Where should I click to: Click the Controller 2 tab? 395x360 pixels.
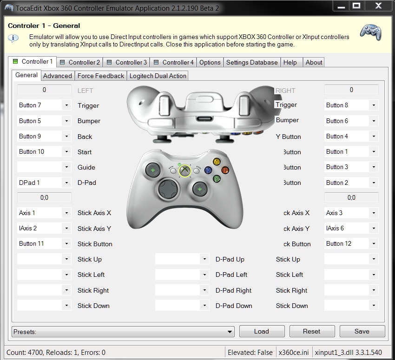(x=80, y=62)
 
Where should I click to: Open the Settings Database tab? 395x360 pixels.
(x=251, y=62)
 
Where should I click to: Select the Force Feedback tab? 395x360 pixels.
(x=100, y=76)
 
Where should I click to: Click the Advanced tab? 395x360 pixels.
(x=57, y=76)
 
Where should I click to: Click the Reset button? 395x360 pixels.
(x=311, y=331)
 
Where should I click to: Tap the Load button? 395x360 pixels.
(x=261, y=331)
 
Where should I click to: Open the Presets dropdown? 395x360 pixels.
(x=123, y=332)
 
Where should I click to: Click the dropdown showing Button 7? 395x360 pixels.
(x=44, y=105)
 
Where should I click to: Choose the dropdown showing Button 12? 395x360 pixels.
(x=351, y=244)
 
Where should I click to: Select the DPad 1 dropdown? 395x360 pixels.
(x=44, y=183)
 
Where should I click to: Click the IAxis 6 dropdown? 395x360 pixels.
(x=351, y=229)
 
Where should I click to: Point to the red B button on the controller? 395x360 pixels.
(x=225, y=170)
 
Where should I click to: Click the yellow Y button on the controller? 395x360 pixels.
(x=217, y=162)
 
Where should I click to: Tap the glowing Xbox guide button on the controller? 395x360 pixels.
(x=185, y=171)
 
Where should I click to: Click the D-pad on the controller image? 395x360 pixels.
(x=166, y=189)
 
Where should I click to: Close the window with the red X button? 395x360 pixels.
(x=377, y=6)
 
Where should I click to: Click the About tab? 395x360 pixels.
(x=314, y=62)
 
